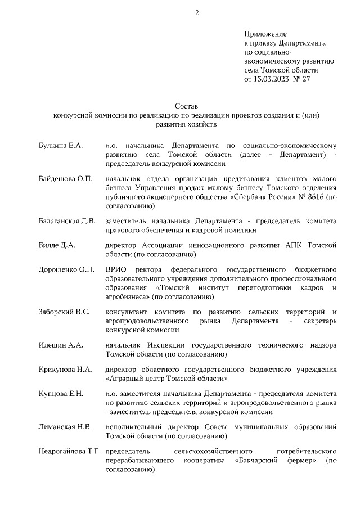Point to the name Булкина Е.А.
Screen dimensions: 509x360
click(x=61, y=146)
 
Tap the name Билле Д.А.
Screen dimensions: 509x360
click(x=57, y=245)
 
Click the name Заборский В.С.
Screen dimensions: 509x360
click(x=64, y=312)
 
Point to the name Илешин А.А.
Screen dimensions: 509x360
click(x=60, y=345)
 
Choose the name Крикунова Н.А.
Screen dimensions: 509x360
click(x=65, y=369)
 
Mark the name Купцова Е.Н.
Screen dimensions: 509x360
click(x=61, y=393)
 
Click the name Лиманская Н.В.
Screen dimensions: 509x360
click(x=65, y=426)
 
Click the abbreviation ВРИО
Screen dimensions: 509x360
click(x=116, y=269)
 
